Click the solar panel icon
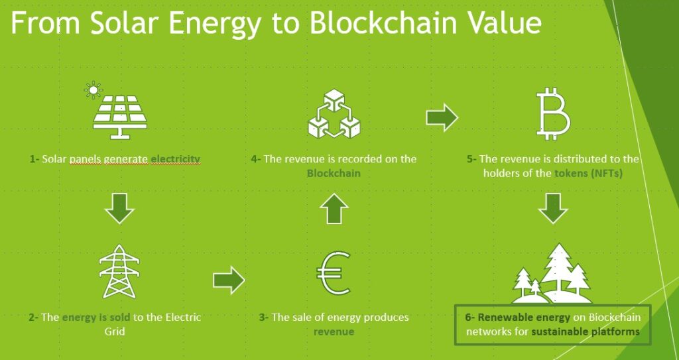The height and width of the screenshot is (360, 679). pyautogui.click(x=120, y=117)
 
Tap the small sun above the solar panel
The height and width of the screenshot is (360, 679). pyautogui.click(x=93, y=90)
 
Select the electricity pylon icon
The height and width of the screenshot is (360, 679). pyautogui.click(x=119, y=272)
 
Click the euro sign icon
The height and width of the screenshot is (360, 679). pyautogui.click(x=333, y=273)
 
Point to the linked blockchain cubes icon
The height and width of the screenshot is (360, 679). pyautogui.click(x=334, y=113)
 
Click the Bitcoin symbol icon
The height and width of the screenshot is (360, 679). pyautogui.click(x=553, y=113)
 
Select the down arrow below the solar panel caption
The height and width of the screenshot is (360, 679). pyautogui.click(x=119, y=208)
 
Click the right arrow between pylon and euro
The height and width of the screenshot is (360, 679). pyautogui.click(x=229, y=280)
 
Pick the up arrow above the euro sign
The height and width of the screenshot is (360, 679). pyautogui.click(x=334, y=208)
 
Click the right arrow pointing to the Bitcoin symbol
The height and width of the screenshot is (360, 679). pyautogui.click(x=442, y=117)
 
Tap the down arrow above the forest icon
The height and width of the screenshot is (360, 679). pyautogui.click(x=553, y=208)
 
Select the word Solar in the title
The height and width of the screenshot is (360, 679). pyautogui.click(x=122, y=23)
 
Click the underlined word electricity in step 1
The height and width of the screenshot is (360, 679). pyautogui.click(x=175, y=159)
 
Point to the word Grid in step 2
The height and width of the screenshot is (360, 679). pyautogui.click(x=115, y=331)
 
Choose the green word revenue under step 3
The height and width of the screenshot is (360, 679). pyautogui.click(x=334, y=332)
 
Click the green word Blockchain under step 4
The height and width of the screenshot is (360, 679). pyautogui.click(x=334, y=173)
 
